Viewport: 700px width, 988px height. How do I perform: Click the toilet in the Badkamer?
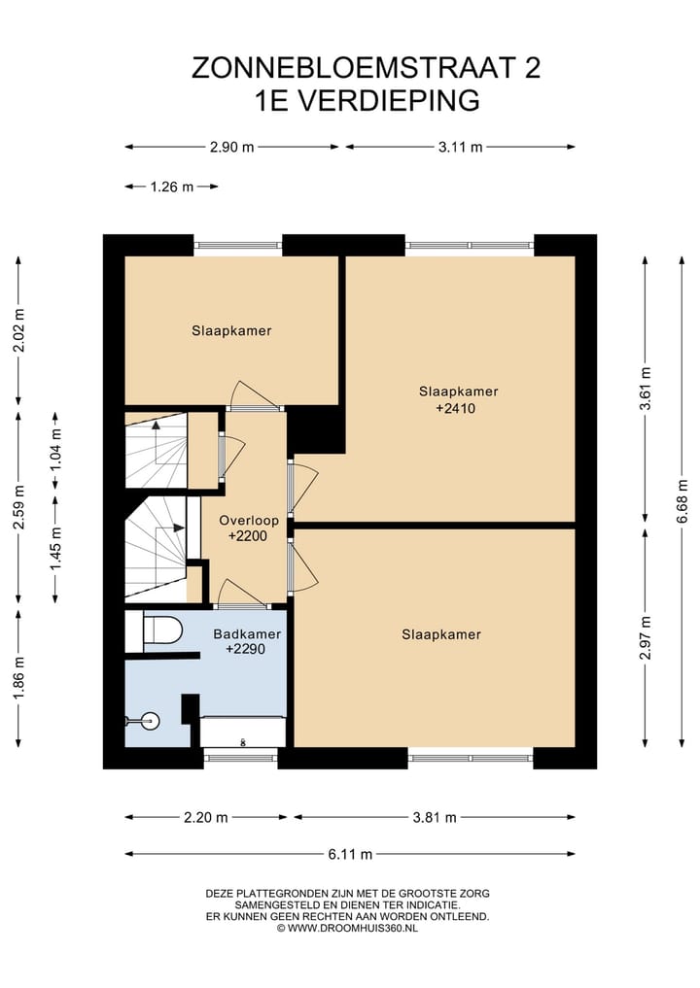point(162,630)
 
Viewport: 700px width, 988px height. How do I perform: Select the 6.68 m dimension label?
point(682,501)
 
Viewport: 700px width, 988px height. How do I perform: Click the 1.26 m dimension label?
point(171,187)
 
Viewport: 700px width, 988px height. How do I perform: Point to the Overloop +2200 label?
point(249,528)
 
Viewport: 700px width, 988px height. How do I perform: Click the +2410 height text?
point(455,408)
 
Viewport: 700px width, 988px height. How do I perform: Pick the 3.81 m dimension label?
point(435,818)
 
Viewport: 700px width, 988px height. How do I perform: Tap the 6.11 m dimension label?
point(350,854)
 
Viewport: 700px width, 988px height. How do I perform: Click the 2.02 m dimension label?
point(18,330)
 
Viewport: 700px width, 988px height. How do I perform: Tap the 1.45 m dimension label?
point(56,549)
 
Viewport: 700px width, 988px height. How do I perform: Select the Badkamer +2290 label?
point(247,641)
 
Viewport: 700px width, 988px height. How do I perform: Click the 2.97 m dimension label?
point(645,637)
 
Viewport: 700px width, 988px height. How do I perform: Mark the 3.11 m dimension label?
point(461,148)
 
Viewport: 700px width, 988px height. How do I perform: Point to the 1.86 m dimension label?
point(18,678)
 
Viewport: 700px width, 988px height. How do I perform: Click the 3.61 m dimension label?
point(645,389)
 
